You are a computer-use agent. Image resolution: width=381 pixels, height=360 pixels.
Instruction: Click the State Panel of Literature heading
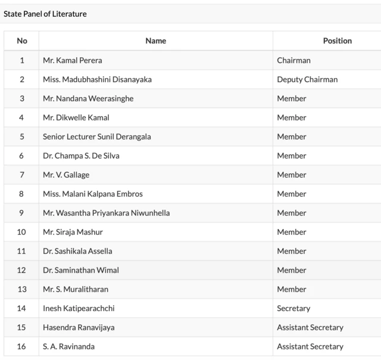[45, 14]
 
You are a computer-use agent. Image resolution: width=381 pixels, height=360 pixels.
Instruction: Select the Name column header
[155, 41]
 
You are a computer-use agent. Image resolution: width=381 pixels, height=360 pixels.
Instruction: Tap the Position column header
[337, 41]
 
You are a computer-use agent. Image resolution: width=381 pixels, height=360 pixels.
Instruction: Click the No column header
[22, 41]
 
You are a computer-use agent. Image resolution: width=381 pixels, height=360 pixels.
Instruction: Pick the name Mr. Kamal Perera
[72, 60]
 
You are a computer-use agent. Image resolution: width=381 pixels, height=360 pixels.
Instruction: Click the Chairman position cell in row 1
[293, 60]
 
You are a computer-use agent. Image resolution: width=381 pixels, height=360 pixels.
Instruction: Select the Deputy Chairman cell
[307, 79]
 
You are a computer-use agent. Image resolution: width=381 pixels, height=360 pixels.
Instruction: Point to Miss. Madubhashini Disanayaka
[98, 79]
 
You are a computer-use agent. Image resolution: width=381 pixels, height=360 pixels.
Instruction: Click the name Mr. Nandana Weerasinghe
[88, 98]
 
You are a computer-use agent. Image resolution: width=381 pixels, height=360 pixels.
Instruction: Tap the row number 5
[22, 136]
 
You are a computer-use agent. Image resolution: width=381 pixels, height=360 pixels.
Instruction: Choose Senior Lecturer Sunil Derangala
[97, 136]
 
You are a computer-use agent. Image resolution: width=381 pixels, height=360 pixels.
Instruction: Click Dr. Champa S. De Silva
[82, 156]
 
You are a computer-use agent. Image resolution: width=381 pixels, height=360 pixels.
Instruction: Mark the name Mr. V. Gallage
[66, 175]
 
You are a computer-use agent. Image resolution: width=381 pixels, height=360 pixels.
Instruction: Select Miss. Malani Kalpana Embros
[93, 194]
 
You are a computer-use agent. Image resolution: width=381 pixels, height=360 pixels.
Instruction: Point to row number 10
[22, 232]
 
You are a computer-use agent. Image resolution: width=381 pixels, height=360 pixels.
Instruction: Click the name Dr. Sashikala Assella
[77, 251]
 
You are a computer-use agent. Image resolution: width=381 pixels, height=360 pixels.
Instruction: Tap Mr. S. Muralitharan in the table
[76, 289]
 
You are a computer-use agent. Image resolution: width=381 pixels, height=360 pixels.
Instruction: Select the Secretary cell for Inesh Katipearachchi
[293, 308]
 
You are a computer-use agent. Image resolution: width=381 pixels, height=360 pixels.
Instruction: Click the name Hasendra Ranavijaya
[79, 327]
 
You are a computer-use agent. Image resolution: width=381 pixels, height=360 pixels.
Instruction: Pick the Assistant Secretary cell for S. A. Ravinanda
[310, 346]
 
